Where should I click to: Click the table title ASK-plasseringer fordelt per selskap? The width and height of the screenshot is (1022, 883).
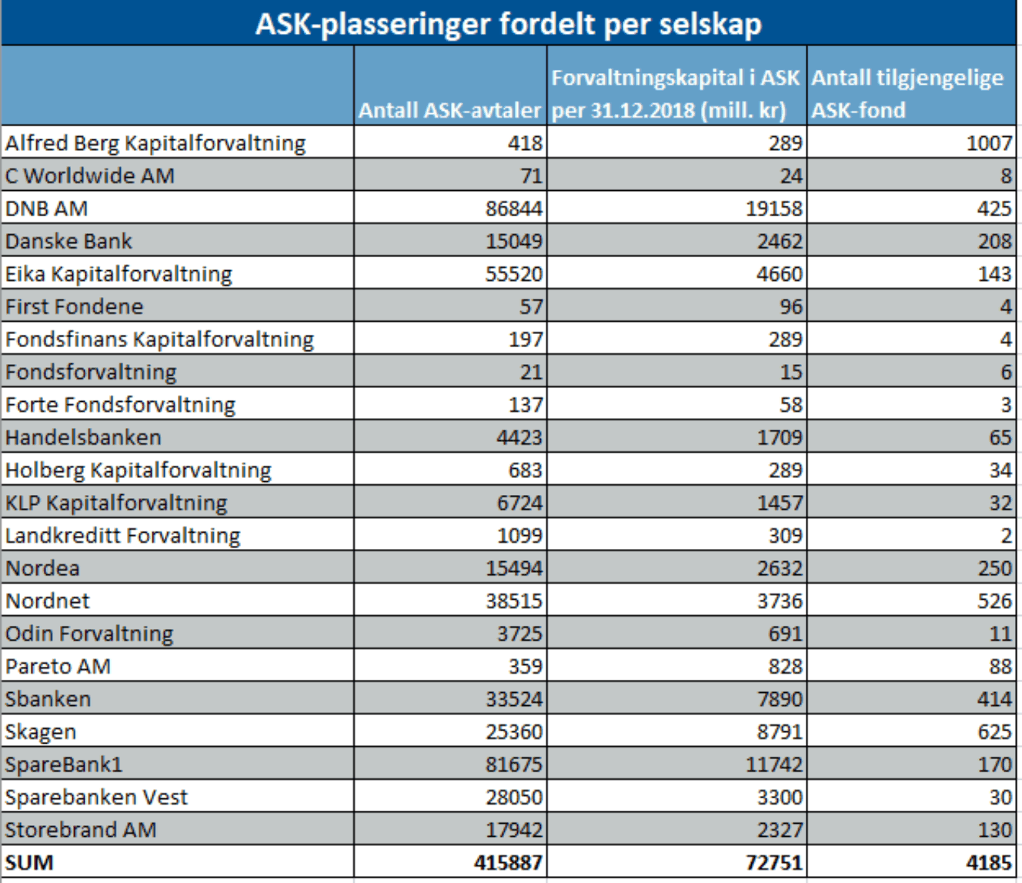pos(508,24)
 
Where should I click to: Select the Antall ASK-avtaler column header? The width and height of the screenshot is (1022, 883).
pos(449,110)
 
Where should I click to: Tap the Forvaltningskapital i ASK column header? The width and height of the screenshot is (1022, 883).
pos(676,94)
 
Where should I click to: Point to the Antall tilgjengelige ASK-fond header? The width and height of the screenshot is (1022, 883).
pos(907,94)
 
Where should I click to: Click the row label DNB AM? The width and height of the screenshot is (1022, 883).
pos(46,209)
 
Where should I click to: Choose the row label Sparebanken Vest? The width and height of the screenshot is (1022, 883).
pos(96,798)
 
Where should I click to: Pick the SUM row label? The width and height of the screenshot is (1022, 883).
pos(28,863)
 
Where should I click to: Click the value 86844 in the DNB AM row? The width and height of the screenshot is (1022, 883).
pos(514,209)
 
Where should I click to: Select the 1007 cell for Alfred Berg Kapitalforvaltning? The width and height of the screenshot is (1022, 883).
pos(989,143)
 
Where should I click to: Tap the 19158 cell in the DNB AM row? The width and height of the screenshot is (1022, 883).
pos(773,209)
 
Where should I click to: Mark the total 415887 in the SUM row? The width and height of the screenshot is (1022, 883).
pos(508,863)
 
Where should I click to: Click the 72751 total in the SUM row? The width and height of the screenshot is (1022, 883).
pos(773,863)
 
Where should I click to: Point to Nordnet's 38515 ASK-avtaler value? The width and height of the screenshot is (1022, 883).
pos(514,601)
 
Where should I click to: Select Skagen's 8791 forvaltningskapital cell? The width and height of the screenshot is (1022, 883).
pos(780,731)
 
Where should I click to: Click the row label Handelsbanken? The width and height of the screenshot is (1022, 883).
pos(83,437)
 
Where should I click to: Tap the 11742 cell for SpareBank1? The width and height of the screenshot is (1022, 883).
pos(773,764)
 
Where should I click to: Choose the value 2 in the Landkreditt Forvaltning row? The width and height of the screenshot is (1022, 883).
pos(1006,536)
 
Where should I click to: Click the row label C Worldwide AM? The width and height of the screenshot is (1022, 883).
pos(89,176)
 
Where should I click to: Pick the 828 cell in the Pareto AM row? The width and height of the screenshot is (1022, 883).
pos(785,667)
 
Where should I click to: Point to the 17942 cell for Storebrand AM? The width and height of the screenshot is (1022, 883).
pos(514,830)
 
